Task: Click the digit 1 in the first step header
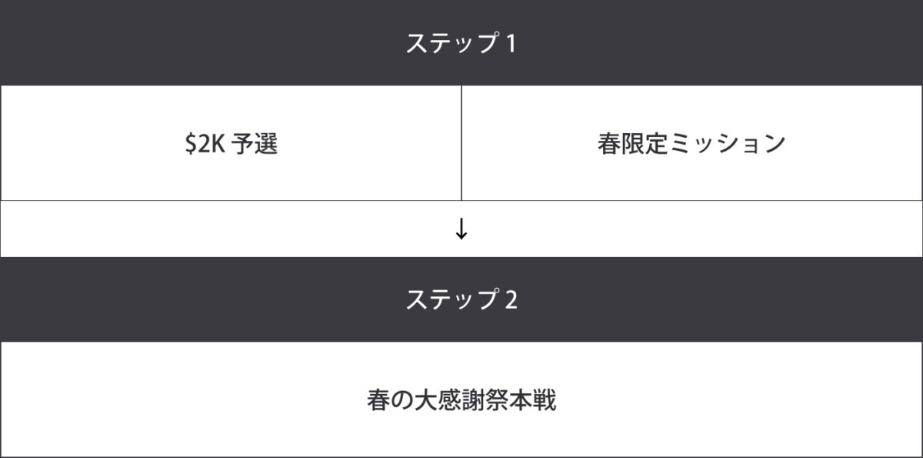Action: (511, 44)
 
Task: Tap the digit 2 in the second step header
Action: (511, 299)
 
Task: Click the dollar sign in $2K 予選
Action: (191, 143)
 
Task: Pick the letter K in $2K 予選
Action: (218, 143)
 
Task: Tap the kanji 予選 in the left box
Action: (255, 143)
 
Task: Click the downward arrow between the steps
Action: (461, 229)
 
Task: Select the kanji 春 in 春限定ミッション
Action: (609, 143)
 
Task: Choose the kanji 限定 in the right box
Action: (645, 143)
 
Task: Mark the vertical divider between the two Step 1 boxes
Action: (461, 143)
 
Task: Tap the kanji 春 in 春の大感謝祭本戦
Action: (378, 399)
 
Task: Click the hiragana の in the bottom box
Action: (402, 400)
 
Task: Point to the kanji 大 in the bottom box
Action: (425, 399)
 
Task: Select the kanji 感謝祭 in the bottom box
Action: (473, 399)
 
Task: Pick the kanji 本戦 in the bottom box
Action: (532, 399)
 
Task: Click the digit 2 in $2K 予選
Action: (205, 143)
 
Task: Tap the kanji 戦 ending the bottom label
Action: (545, 399)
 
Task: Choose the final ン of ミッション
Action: (775, 144)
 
